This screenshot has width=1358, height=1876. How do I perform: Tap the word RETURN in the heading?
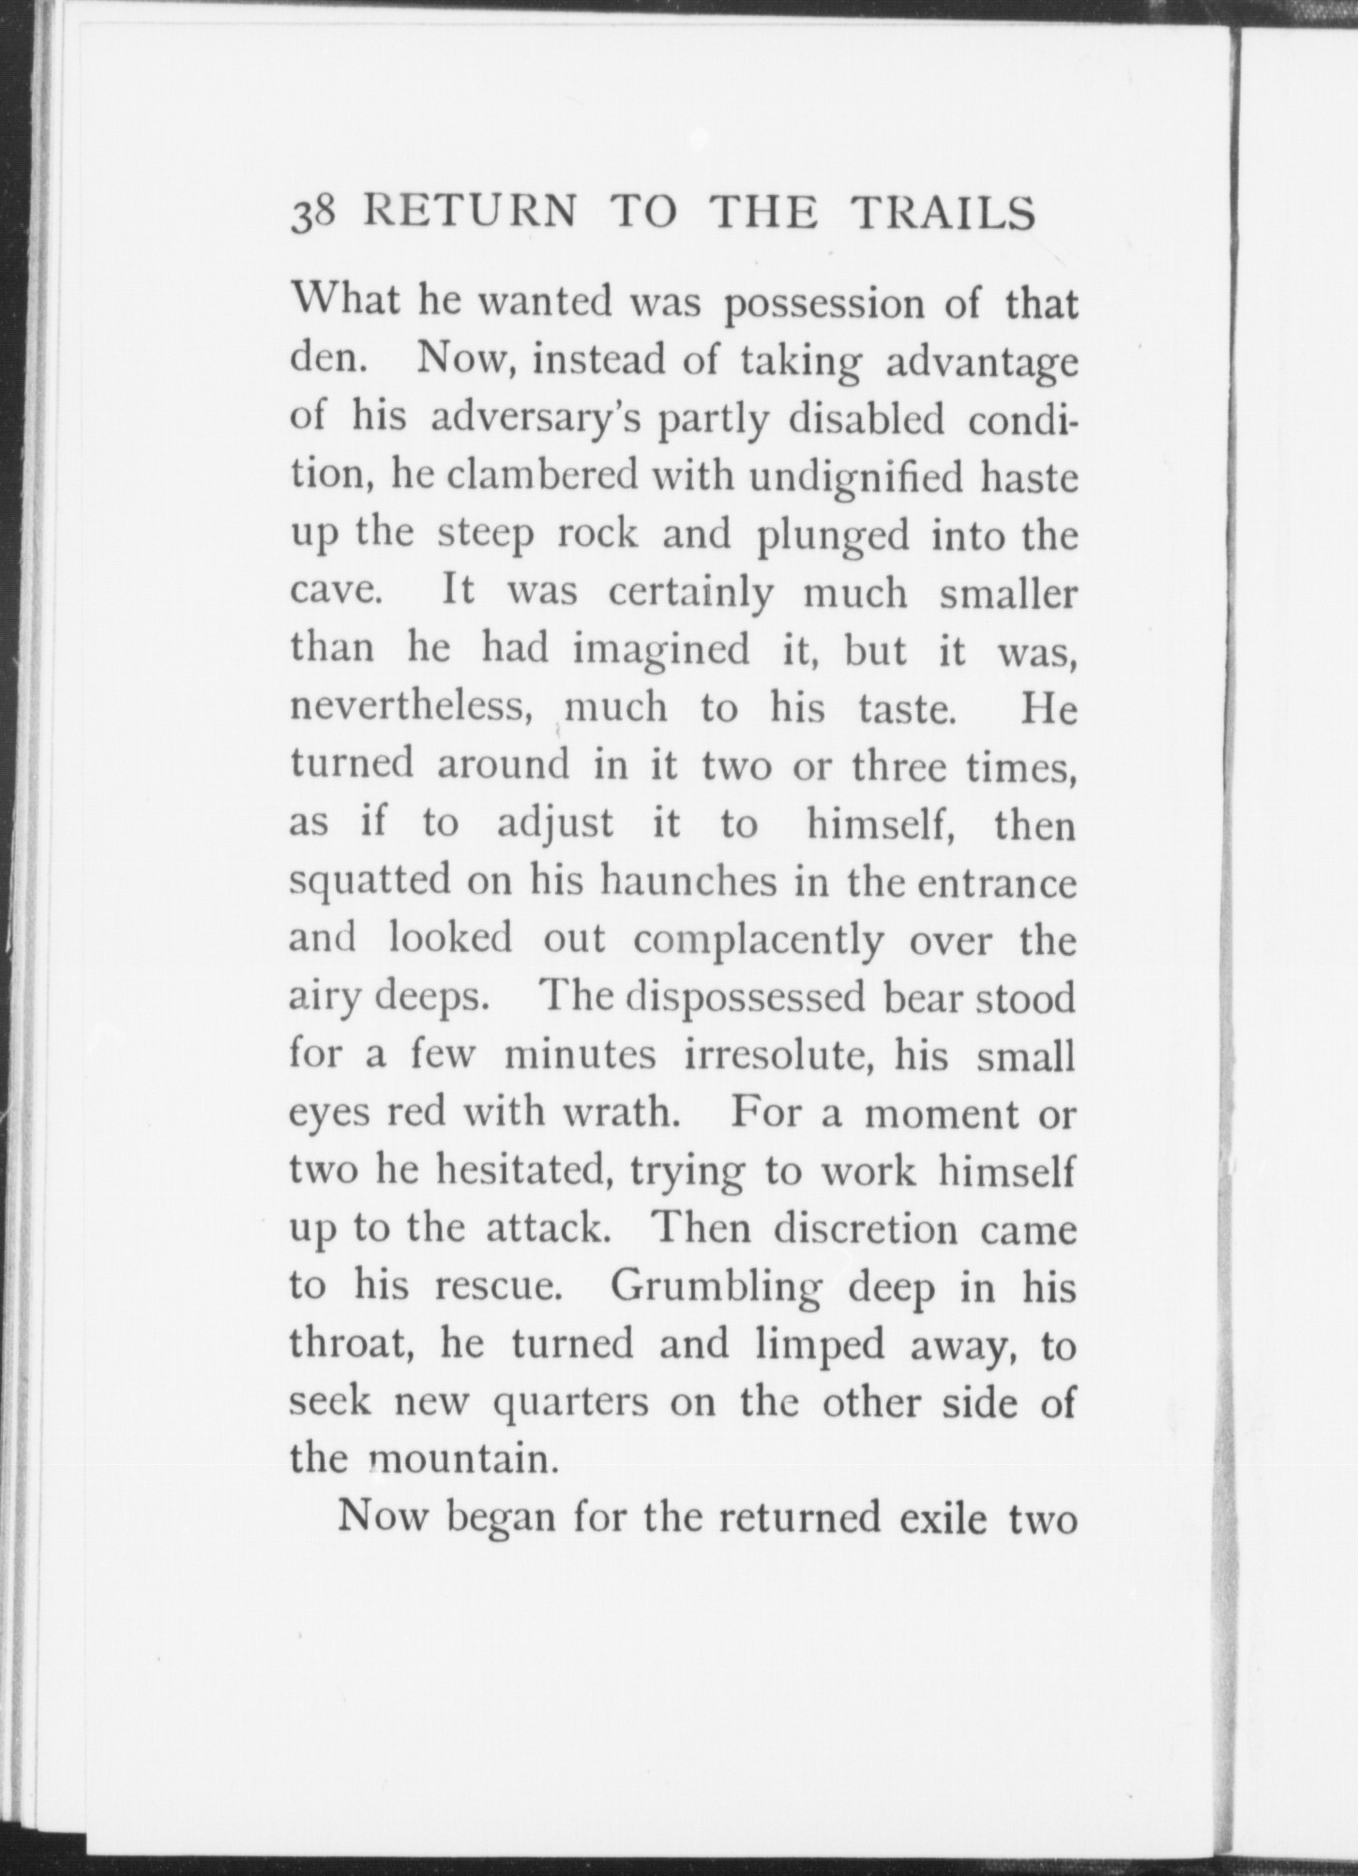click(x=469, y=213)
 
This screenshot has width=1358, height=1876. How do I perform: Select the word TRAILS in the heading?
click(x=943, y=213)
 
